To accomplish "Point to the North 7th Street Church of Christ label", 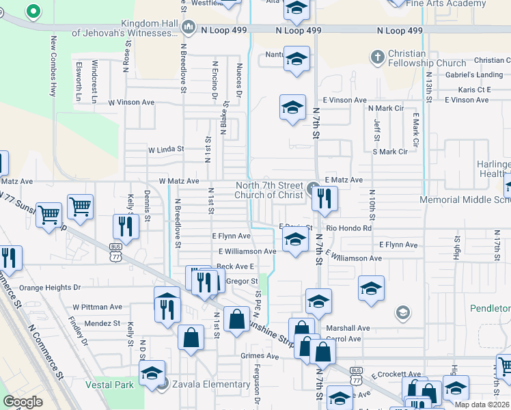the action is [x=269, y=190].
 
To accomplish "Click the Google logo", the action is [x=23, y=402].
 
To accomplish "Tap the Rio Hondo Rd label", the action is [x=348, y=228].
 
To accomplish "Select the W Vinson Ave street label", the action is [x=131, y=102].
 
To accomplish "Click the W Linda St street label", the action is [x=166, y=149].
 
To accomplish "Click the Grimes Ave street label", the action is [x=260, y=356].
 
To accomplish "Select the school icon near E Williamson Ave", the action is [x=295, y=241].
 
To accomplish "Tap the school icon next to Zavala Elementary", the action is [x=152, y=374].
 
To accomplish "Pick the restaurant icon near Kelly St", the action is [x=126, y=228].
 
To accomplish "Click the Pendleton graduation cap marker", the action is [x=402, y=314].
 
